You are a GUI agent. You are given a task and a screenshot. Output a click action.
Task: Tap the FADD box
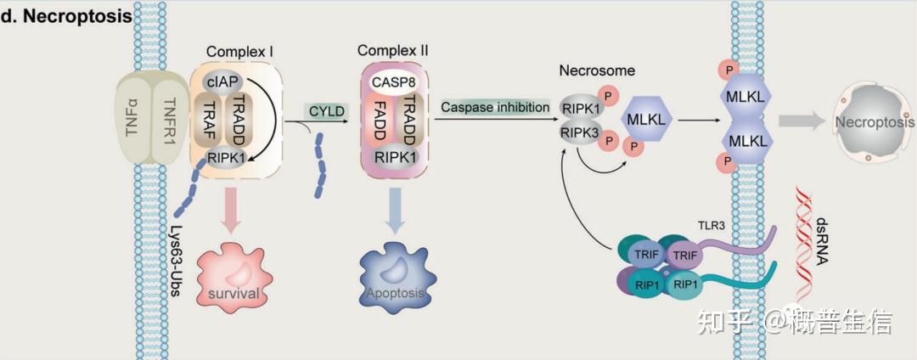pos(377,121)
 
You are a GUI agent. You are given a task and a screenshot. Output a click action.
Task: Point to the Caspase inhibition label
pos(495,107)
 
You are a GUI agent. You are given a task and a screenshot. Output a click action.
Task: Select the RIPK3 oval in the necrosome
pos(578,132)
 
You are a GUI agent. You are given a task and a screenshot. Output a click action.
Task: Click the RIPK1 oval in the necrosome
pos(578,108)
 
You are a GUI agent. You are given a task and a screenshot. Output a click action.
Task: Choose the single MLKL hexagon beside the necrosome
pos(646,119)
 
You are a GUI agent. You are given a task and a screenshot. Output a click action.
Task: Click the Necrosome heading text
pos(597,71)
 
